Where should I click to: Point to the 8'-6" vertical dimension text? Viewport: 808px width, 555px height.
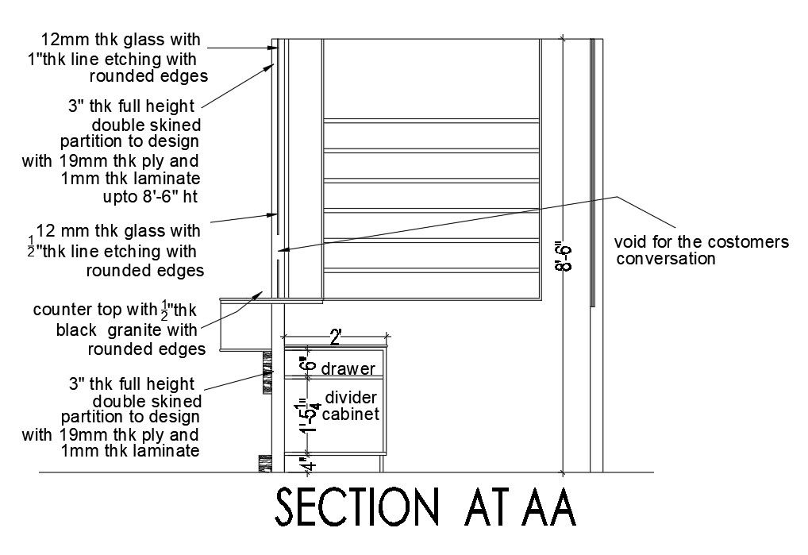(564, 256)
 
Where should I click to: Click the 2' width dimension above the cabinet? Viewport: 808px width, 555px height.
(335, 338)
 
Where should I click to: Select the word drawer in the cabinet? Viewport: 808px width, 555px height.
(348, 368)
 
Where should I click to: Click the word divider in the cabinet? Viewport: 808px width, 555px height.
(350, 397)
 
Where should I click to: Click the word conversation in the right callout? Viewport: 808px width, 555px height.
(667, 259)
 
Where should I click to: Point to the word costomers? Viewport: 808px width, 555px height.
(750, 242)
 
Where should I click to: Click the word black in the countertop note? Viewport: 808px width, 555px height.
(79, 330)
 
